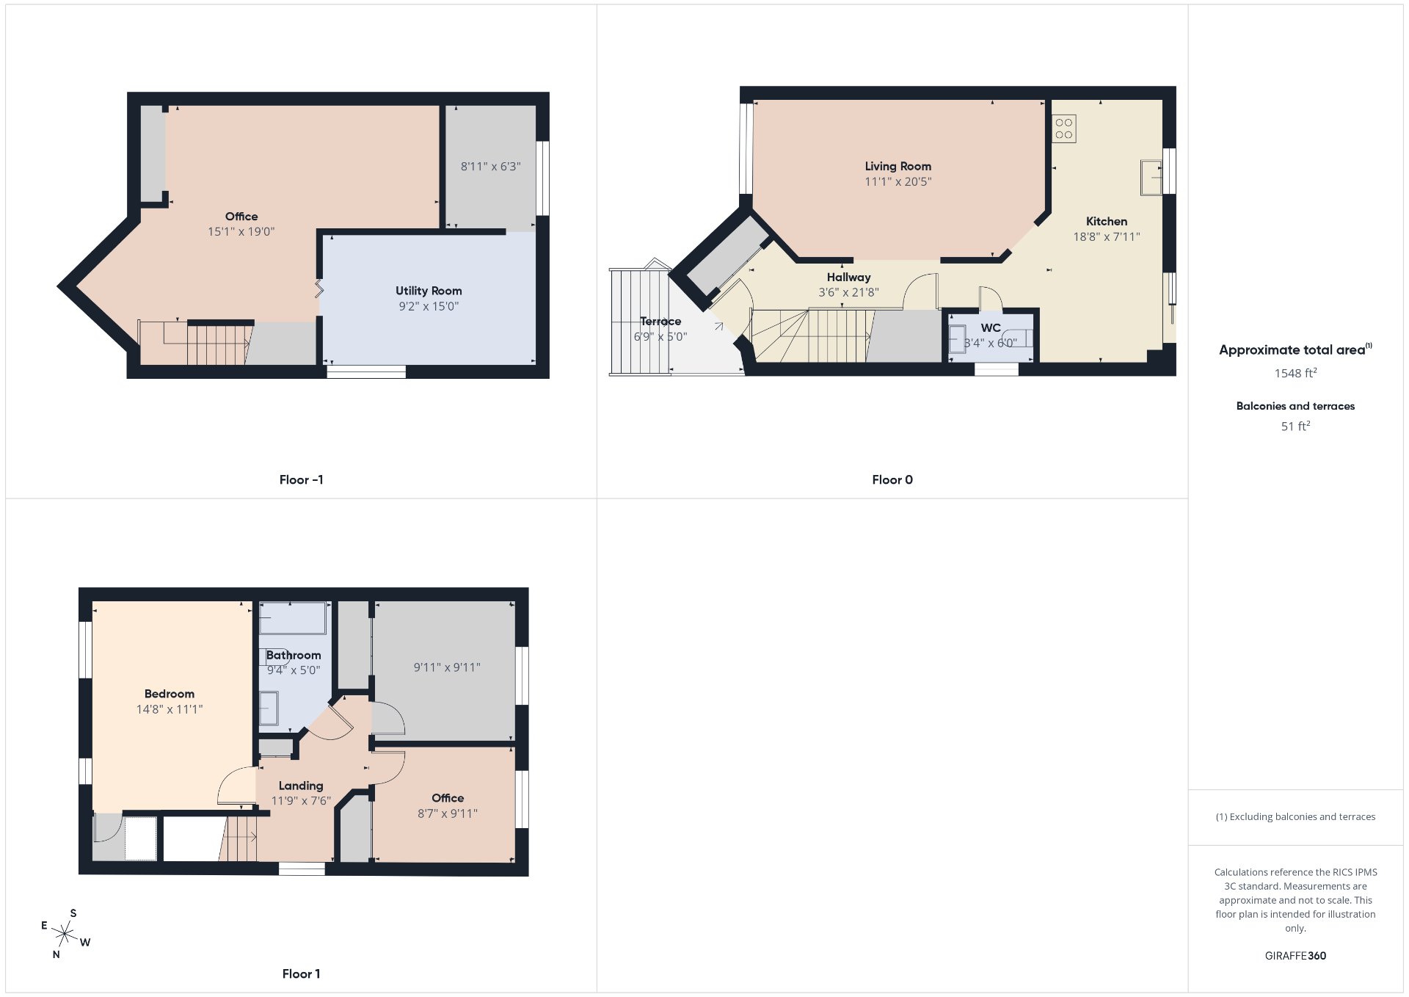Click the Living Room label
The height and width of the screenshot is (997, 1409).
click(898, 167)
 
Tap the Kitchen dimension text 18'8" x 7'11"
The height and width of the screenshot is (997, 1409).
click(1107, 236)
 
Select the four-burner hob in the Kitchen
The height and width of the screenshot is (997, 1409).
click(1064, 129)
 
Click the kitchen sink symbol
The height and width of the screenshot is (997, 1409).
click(1151, 178)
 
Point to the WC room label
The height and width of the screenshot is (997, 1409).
click(991, 328)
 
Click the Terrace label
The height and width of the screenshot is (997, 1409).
click(660, 322)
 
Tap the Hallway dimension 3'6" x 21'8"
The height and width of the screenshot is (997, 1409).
click(848, 292)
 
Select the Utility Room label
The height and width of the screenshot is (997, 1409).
click(429, 291)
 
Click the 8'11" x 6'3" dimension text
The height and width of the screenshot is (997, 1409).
click(491, 167)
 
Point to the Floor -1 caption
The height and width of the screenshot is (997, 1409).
click(301, 480)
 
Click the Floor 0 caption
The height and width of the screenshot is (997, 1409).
click(892, 480)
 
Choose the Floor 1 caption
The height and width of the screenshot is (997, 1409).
click(301, 974)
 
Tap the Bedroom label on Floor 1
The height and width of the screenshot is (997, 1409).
click(170, 694)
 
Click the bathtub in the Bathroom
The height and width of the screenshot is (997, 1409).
click(293, 618)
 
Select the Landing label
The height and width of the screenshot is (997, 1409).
click(301, 786)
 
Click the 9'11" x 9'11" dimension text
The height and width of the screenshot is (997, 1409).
click(447, 667)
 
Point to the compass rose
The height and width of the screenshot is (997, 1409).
click(65, 934)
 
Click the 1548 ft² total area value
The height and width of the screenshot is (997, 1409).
click(1295, 373)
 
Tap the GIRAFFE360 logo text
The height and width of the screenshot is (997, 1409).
click(1295, 956)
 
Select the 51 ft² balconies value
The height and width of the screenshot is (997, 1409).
click(1295, 426)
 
